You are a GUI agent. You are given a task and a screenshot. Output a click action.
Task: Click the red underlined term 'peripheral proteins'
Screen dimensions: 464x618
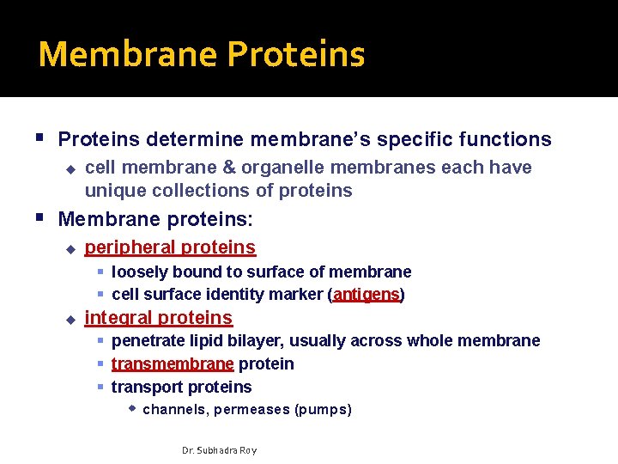coord(170,247)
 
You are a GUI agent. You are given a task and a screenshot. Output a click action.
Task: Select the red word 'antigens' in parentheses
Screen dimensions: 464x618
coord(367,295)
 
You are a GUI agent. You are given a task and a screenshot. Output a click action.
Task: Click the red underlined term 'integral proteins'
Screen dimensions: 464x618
coord(158,318)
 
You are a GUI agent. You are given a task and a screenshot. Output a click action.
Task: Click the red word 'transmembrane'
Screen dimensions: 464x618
coord(172,364)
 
